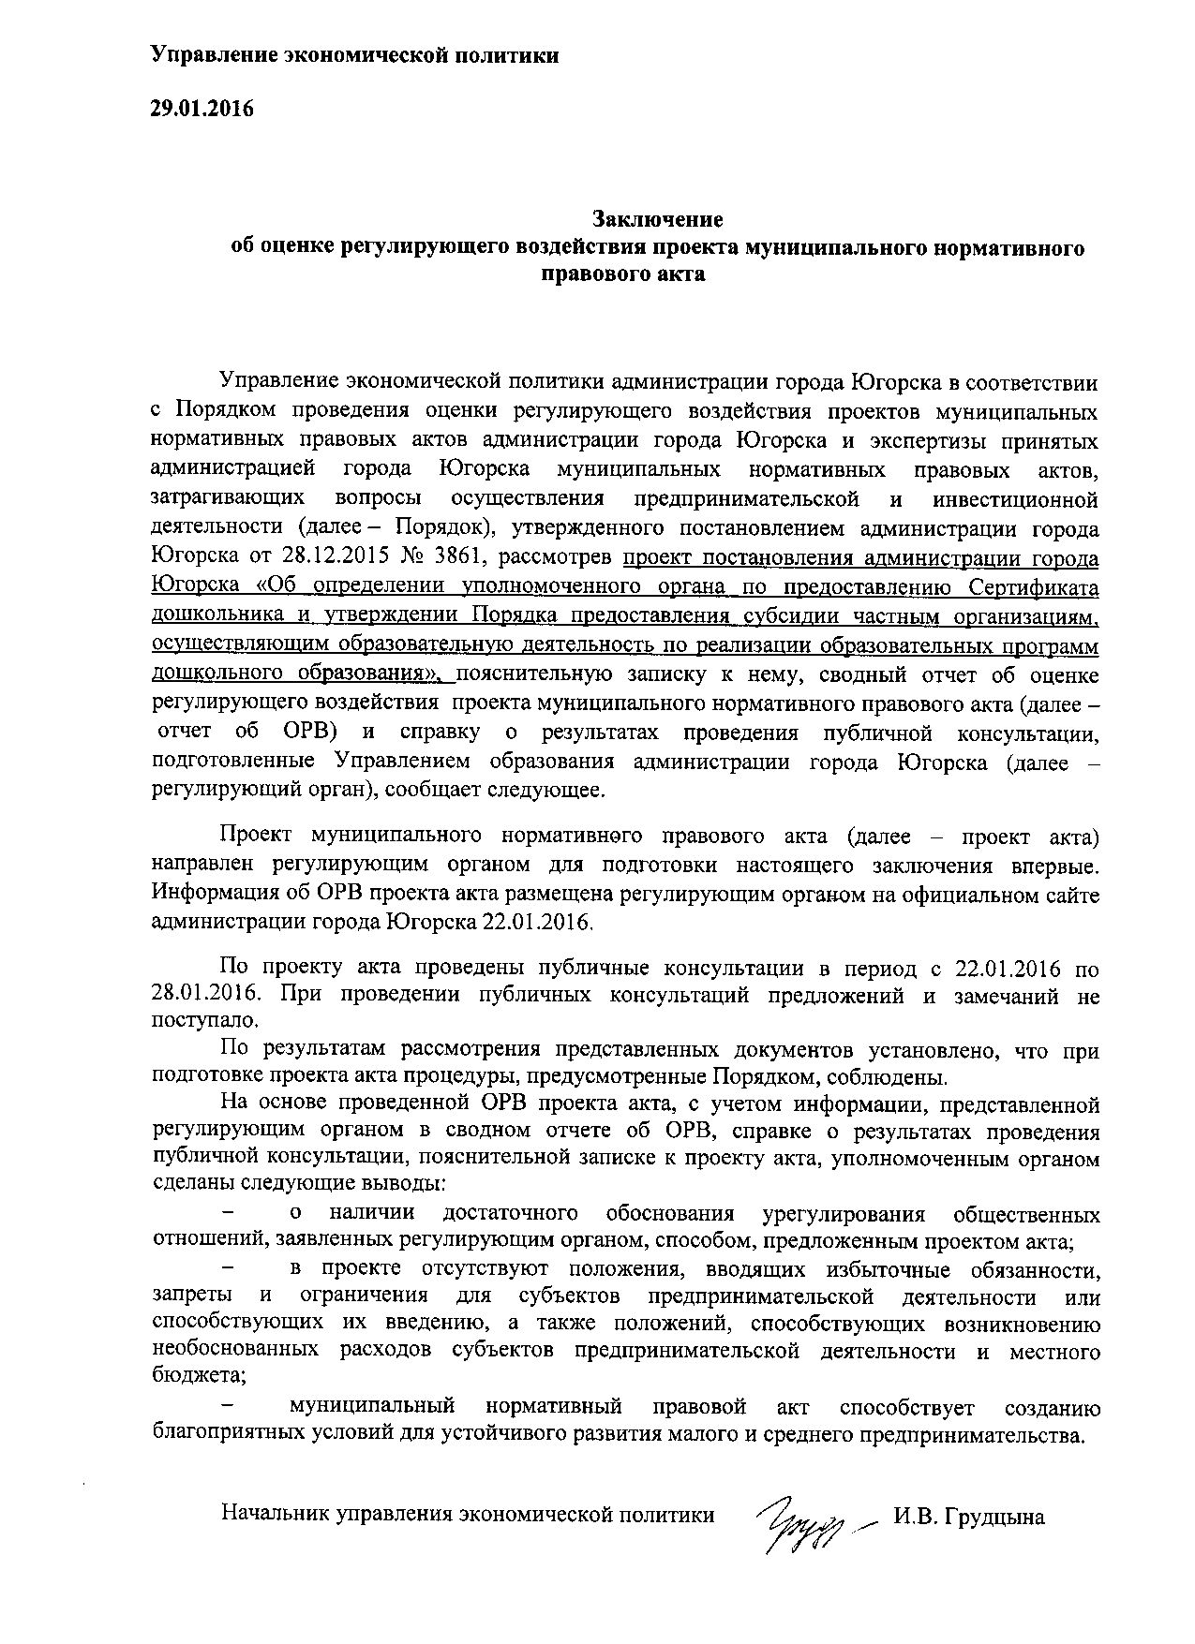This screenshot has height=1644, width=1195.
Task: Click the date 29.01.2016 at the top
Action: [x=202, y=109]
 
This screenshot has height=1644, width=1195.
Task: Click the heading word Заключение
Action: [x=657, y=220]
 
